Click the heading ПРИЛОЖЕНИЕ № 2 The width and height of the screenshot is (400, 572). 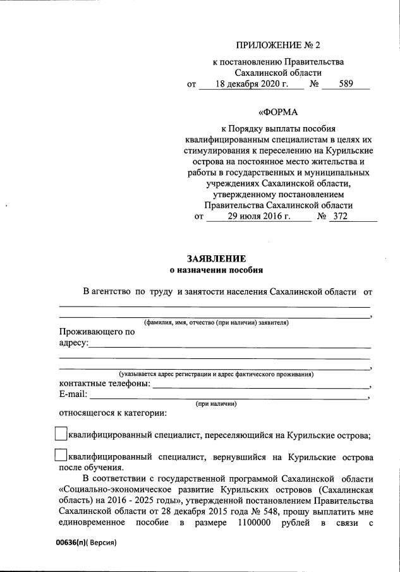pos(278,46)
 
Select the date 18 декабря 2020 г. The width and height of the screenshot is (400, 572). pos(251,84)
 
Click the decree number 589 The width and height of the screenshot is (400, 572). pos(346,84)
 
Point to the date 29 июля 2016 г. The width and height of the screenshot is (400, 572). pos(259,217)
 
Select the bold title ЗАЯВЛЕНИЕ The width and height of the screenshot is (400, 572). pos(216,259)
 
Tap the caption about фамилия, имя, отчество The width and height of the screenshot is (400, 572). pos(216,322)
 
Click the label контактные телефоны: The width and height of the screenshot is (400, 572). pos(105,384)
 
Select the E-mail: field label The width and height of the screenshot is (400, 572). pos(73,395)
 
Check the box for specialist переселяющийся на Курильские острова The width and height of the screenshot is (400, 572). pos(61,434)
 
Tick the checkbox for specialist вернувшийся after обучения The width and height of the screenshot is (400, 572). pos(61,455)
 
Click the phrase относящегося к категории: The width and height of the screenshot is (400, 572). pos(112,414)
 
